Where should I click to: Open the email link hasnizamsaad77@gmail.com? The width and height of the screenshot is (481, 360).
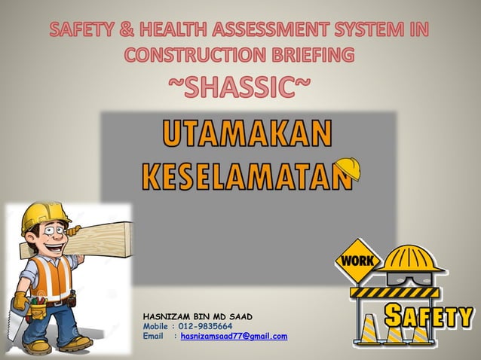[234, 336]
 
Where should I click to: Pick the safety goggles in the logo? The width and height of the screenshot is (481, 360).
[408, 277]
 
